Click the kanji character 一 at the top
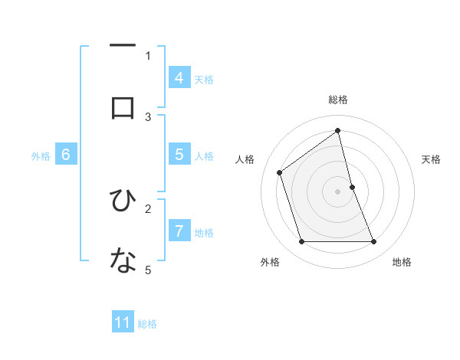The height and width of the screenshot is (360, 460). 123,47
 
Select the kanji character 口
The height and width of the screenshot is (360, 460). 123,107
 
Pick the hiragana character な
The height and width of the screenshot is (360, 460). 123,260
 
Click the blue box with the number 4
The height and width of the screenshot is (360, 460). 179,77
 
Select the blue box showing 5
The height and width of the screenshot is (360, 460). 179,154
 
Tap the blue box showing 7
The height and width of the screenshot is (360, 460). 179,230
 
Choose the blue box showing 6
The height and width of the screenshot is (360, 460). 66,154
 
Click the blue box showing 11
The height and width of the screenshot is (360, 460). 123,322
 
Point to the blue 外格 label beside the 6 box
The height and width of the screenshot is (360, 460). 41,156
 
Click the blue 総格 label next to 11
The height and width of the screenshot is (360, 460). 147,324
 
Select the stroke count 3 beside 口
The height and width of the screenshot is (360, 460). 149,116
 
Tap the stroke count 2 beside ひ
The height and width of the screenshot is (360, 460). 149,208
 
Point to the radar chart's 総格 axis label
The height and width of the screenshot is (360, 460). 338,100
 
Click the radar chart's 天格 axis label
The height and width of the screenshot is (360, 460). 432,159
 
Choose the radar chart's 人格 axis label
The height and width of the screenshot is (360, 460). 245,159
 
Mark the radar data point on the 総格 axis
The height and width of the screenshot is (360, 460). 338,131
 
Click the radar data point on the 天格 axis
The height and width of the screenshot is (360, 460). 352,187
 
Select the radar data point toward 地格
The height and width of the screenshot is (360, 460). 374,242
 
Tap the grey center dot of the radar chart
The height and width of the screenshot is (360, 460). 338,191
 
